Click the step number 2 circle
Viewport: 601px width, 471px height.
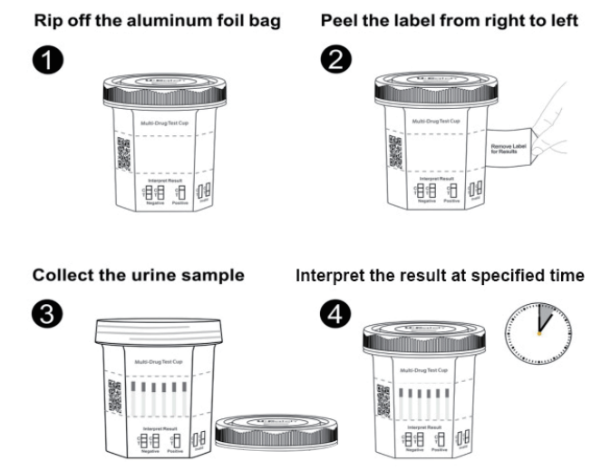click(x=332, y=61)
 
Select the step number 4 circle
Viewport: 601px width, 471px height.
click(x=332, y=313)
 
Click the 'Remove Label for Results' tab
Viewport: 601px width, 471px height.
click(x=509, y=148)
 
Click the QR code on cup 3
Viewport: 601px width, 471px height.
click(x=114, y=397)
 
